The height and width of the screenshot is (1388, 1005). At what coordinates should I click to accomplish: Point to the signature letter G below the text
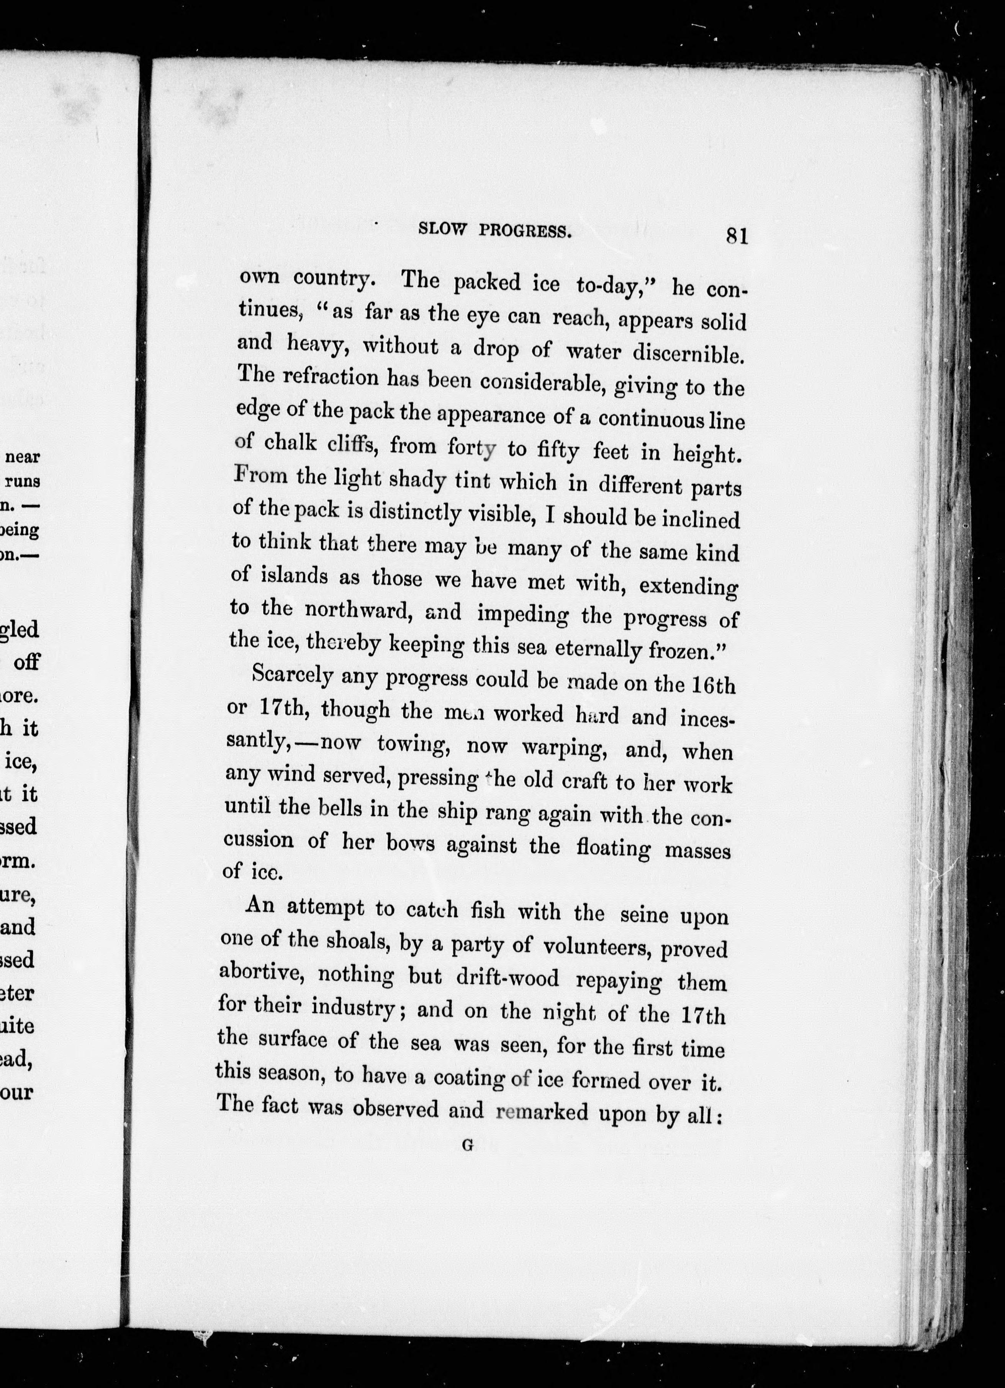pyautogui.click(x=468, y=1146)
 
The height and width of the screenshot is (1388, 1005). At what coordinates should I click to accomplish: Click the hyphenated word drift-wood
pyautogui.click(x=508, y=978)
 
